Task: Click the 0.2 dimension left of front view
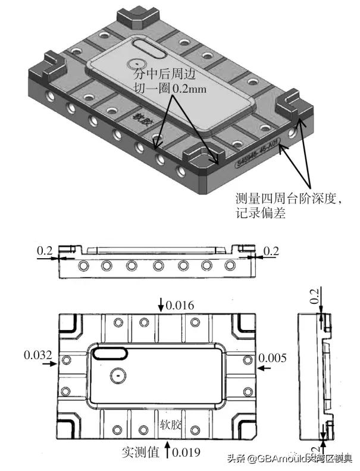45,251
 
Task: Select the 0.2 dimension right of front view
271,251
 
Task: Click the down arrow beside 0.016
161,304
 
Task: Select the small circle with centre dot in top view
117,376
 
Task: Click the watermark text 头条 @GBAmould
280,459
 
